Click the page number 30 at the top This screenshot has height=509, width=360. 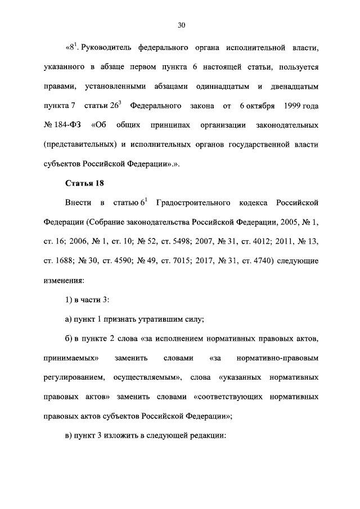(181, 25)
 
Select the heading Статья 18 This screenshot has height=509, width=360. (84, 183)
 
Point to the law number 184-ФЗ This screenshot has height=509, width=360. (62, 124)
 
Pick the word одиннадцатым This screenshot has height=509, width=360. (214, 86)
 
